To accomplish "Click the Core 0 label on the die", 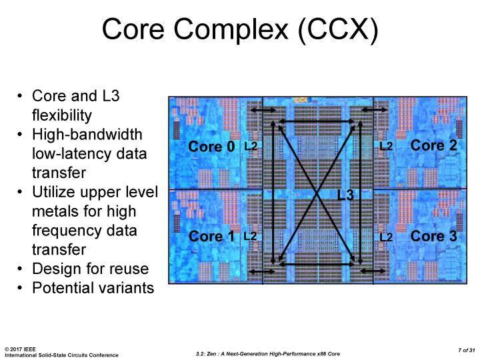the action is pyautogui.click(x=211, y=146).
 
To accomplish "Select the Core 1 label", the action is pyautogui.click(x=211, y=236).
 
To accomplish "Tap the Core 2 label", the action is pyautogui.click(x=434, y=145).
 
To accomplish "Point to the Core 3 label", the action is pyautogui.click(x=434, y=236).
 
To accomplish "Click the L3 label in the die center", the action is pyautogui.click(x=345, y=195).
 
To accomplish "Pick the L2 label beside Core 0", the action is pyautogui.click(x=251, y=146).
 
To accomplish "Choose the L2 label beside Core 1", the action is pyautogui.click(x=250, y=236).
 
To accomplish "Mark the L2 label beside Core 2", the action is pyautogui.click(x=386, y=146).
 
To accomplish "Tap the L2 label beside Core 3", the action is pyautogui.click(x=386, y=237).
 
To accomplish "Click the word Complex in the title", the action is pyautogui.click(x=231, y=30).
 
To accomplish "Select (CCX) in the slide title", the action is pyautogui.click(x=338, y=29).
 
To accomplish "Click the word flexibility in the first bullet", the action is pyautogui.click(x=62, y=115).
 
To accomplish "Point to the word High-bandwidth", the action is pyautogui.click(x=87, y=135).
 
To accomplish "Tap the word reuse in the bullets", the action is pyautogui.click(x=129, y=269).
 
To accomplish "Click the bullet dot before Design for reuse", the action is pyautogui.click(x=20, y=269).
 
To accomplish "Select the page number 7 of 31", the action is pyautogui.click(x=466, y=350).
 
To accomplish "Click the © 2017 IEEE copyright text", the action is pyautogui.click(x=20, y=349).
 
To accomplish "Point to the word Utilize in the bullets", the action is pyautogui.click(x=53, y=192).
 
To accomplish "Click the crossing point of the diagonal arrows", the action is pyautogui.click(x=317, y=193).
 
